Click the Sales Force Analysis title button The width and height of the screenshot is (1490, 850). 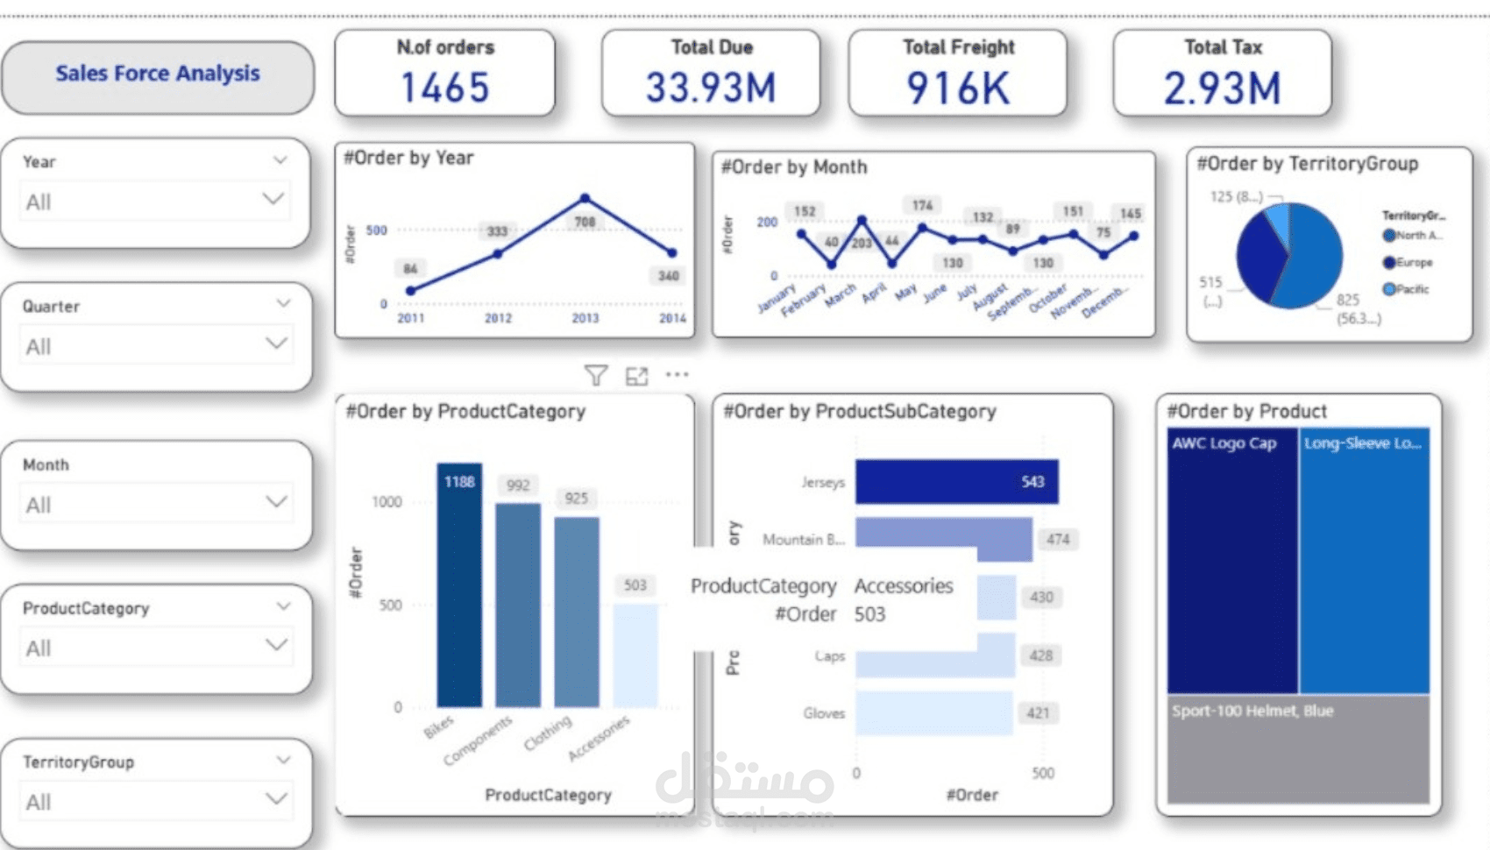coord(158,74)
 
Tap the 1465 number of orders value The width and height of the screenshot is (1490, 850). coord(444,88)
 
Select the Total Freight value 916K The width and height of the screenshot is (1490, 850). coord(958,89)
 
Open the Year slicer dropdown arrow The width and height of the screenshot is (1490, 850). coord(273,199)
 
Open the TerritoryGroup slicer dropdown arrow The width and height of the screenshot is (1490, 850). coord(276,799)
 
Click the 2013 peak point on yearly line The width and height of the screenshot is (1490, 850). coord(585,198)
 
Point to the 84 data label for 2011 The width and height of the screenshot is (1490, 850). coord(410,268)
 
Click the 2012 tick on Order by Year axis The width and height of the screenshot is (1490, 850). coord(498,318)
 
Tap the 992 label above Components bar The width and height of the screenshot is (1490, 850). coord(518,485)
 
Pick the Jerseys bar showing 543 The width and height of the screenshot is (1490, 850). coord(956,482)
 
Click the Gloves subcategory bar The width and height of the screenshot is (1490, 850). coord(933,713)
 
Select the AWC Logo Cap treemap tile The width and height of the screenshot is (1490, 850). coord(1231,561)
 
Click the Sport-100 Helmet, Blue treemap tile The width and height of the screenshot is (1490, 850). coord(1297,749)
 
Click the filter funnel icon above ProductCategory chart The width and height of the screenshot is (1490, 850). coord(596,376)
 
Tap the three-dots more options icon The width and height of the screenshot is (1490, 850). coord(677,375)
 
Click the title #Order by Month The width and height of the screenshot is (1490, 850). coord(793,167)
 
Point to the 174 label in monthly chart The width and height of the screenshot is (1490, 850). coord(922,206)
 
